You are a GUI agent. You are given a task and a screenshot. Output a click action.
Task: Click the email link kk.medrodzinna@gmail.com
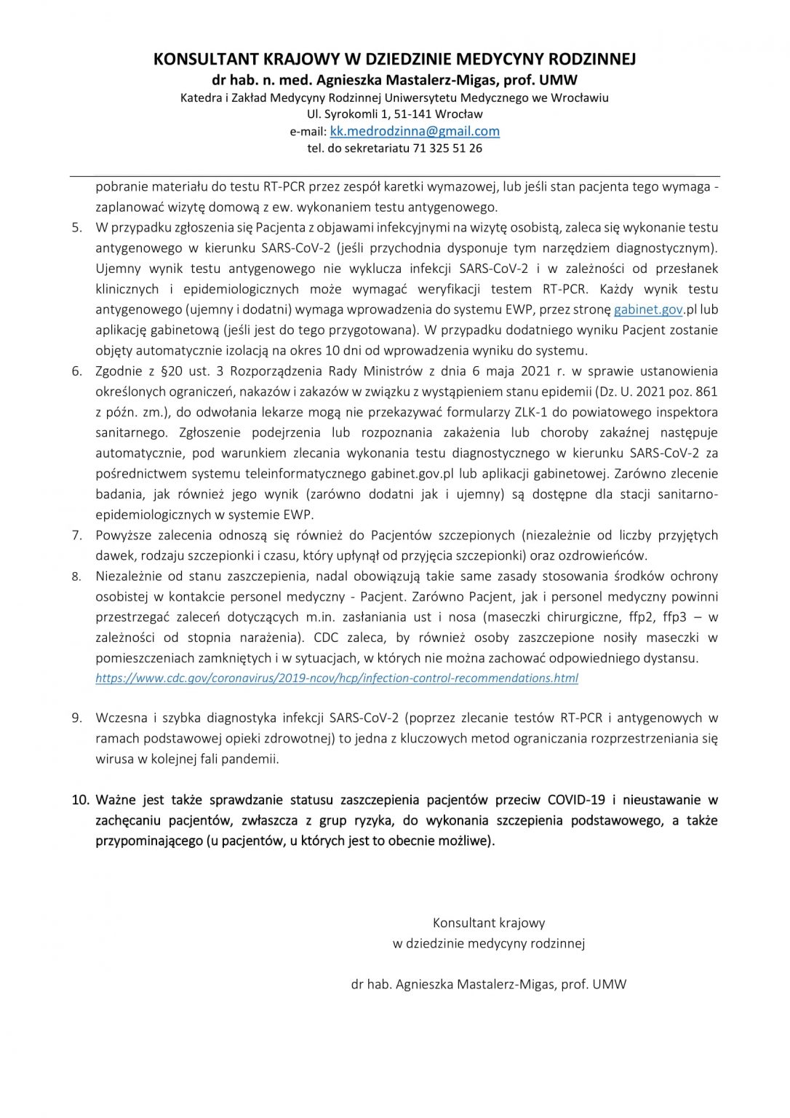415,132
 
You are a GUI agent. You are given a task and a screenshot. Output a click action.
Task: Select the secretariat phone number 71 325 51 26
447,148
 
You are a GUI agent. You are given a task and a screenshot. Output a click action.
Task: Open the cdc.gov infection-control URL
337,678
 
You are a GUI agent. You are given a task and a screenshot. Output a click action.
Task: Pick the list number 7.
76,536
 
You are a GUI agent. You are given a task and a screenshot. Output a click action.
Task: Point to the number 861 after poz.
706,392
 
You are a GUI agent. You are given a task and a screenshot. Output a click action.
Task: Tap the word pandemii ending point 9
255,759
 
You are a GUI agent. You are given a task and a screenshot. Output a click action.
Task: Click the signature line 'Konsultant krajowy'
489,924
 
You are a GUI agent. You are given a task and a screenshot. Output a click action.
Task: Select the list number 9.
76,718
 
